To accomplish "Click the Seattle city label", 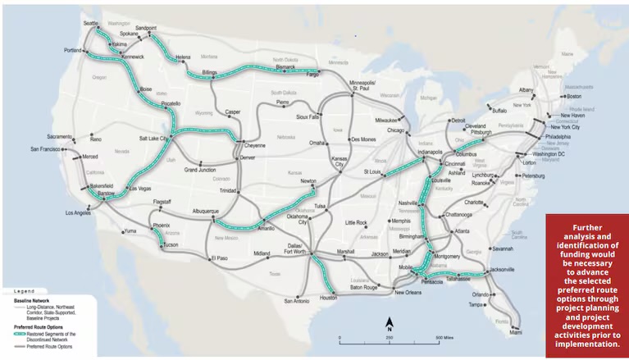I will click(90, 24).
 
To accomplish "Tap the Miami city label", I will click(515, 332).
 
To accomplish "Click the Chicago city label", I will click(397, 130).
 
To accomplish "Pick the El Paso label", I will click(218, 258).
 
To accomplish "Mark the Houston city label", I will click(328, 298).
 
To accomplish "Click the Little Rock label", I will click(356, 222).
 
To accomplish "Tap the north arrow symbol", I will click(390, 322).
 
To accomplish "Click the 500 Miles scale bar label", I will click(444, 338).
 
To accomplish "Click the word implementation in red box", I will click(587, 344).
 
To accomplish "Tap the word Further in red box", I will click(587, 227).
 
